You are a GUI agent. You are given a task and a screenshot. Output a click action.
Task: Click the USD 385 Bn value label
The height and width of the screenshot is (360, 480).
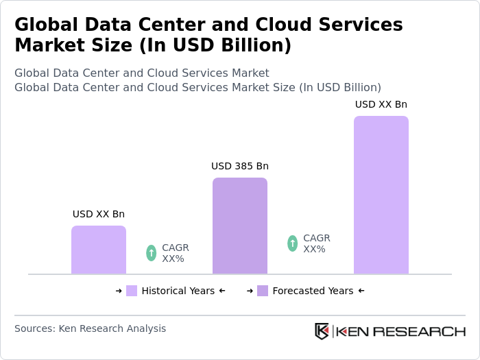click(x=239, y=166)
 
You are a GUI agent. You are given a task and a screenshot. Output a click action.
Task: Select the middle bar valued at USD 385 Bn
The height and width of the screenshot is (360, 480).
click(x=239, y=226)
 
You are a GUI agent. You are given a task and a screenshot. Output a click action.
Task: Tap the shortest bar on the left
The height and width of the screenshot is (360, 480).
click(x=99, y=250)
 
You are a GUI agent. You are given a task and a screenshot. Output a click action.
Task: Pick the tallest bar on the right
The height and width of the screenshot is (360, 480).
click(x=381, y=195)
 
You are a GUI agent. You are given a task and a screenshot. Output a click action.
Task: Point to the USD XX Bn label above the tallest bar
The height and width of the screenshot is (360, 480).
click(x=381, y=104)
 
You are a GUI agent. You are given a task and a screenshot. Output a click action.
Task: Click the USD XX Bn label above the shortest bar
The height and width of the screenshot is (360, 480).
click(x=99, y=214)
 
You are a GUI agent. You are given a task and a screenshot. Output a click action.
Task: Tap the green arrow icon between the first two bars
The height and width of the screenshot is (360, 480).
click(x=152, y=253)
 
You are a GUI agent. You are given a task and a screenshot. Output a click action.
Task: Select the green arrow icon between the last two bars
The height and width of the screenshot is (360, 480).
click(x=293, y=243)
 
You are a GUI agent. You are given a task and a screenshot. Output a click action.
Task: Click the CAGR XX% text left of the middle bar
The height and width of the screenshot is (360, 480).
click(x=175, y=253)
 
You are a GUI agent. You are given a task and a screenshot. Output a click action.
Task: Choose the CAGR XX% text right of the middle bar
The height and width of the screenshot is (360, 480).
click(x=316, y=243)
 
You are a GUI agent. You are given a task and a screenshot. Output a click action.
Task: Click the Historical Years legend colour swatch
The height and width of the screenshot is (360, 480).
click(x=132, y=291)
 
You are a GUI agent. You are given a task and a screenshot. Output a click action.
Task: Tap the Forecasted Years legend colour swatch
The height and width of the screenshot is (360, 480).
click(x=263, y=291)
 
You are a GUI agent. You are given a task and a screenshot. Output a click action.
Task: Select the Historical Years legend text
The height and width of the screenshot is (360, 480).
click(x=178, y=291)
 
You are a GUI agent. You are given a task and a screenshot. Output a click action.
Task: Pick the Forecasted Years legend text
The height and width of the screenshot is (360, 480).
click(x=313, y=291)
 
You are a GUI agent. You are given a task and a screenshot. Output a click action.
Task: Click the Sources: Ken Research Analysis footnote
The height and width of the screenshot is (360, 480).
click(x=90, y=328)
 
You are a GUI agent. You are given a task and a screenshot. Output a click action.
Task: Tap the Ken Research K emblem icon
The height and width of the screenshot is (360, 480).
click(x=322, y=331)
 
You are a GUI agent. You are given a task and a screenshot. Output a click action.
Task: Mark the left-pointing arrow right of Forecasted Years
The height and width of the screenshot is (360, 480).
click(x=361, y=291)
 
